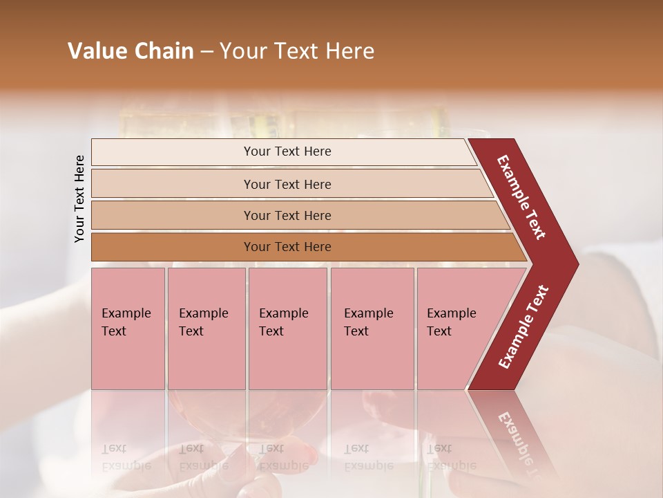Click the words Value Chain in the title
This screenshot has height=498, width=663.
[x=131, y=51]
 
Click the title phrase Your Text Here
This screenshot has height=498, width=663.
[x=297, y=51]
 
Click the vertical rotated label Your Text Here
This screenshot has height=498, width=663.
[x=79, y=199]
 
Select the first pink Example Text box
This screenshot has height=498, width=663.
[x=128, y=329]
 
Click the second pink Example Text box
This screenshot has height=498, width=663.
[x=206, y=329]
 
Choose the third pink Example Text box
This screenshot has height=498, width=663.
[x=287, y=329]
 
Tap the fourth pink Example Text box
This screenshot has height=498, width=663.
[x=372, y=329]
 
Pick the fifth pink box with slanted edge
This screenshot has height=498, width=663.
[x=456, y=329]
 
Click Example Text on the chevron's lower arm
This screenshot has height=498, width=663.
[x=523, y=327]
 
